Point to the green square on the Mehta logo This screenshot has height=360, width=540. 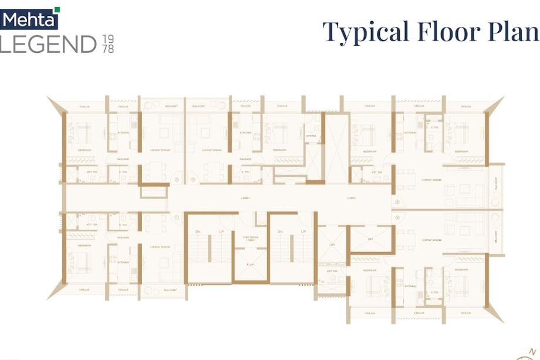pos(57,9)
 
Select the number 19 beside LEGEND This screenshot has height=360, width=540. pos(107,39)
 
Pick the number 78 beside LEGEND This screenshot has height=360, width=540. pos(107,49)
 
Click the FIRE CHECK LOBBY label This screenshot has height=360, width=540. pos(251,238)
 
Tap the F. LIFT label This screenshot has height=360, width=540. pos(251,265)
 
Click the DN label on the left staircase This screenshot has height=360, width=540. pos(198,232)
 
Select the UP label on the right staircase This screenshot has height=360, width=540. pos(303,232)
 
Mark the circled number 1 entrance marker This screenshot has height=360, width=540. pos(176,217)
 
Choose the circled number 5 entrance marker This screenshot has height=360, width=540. pos(397,217)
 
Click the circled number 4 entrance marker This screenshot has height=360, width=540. pos(397,202)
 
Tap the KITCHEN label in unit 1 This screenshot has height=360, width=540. pos(123,262)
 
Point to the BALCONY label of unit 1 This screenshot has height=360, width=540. pos(170,290)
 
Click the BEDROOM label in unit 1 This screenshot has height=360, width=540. pos(84,245)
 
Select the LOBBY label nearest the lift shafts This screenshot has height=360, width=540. pos(351,198)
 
